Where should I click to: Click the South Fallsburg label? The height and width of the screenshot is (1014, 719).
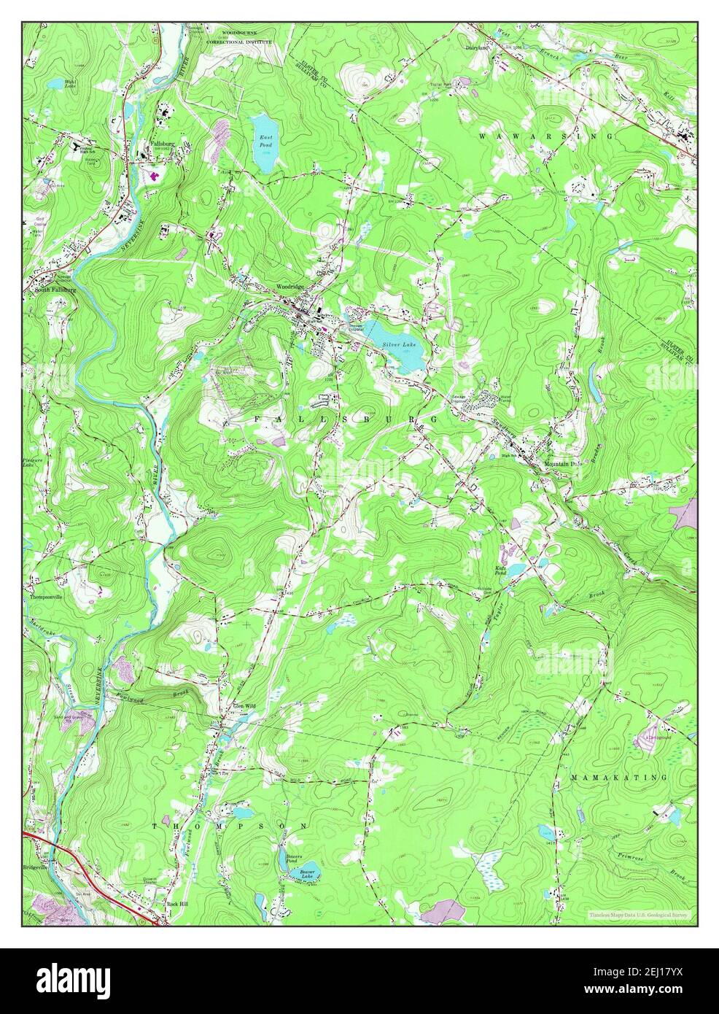tap(54, 290)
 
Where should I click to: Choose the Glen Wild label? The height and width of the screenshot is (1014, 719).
tap(244, 706)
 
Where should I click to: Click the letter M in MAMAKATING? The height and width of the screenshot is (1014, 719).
tap(575, 778)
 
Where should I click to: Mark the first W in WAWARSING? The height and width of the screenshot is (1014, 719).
tap(483, 136)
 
